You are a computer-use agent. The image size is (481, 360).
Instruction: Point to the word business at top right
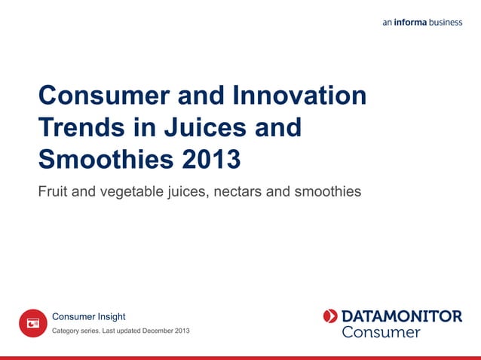coord(446,23)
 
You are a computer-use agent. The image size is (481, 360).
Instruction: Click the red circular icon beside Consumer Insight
coord(33,323)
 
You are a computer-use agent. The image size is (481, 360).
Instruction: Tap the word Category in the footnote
coord(66,331)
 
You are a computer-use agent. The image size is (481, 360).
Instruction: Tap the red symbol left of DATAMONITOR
coord(330,316)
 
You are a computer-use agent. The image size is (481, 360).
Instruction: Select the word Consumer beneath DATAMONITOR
coord(381,332)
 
